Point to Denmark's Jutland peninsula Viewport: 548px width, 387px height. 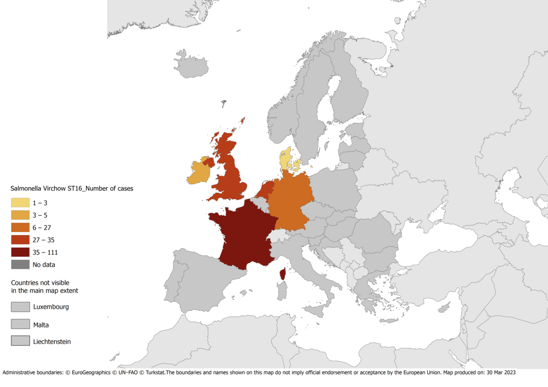pos(285,158)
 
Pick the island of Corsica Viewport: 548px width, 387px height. pos(283,274)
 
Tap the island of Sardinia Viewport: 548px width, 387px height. pos(282,291)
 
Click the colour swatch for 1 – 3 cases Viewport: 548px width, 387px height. pos(20,203)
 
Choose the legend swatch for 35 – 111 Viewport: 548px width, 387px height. pos(20,252)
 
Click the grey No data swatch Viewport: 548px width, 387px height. pos(20,265)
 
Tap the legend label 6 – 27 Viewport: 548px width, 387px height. pos(42,228)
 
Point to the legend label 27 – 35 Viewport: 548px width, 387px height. pos(43,240)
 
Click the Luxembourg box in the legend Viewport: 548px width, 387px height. pos(20,307)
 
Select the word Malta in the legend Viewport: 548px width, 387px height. pos(41,325)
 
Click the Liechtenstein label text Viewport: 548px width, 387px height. pos(52,342)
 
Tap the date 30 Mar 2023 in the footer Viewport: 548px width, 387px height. pos(499,372)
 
